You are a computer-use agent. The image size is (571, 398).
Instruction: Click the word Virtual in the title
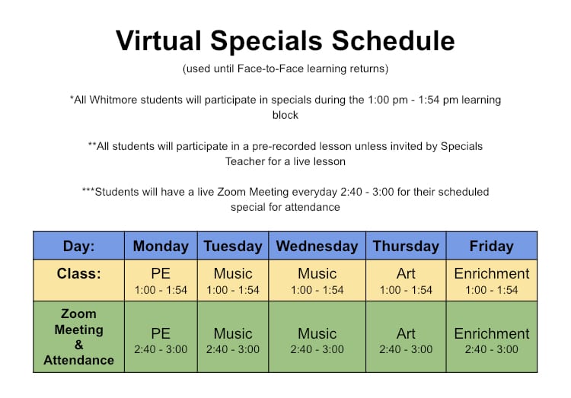tap(158, 40)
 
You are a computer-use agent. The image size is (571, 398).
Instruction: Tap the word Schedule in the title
tap(393, 40)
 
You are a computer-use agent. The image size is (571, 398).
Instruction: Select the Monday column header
tap(161, 246)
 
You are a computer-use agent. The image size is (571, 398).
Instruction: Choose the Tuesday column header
tap(233, 246)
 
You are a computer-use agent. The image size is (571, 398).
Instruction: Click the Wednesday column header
tap(317, 246)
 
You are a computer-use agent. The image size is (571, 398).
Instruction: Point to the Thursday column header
tap(406, 246)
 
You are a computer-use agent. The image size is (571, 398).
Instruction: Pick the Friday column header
tap(492, 246)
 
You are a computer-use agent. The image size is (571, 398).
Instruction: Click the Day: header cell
tap(78, 246)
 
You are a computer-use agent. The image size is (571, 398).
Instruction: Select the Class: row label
tap(78, 273)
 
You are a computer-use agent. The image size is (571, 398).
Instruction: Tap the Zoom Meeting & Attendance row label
tap(78, 337)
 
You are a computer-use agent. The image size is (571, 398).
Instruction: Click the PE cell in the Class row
tap(161, 280)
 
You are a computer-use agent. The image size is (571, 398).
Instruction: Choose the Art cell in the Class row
tap(406, 280)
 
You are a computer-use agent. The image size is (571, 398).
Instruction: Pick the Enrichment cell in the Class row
tap(492, 280)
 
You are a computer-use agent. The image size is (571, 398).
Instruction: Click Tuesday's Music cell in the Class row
tap(233, 280)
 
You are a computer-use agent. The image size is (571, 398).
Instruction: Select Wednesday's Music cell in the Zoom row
tap(317, 337)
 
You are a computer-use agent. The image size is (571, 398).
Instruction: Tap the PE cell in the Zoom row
tap(161, 337)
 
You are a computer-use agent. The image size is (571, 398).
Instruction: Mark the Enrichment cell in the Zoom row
tap(492, 337)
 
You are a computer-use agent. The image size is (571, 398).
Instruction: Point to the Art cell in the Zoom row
tap(406, 337)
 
